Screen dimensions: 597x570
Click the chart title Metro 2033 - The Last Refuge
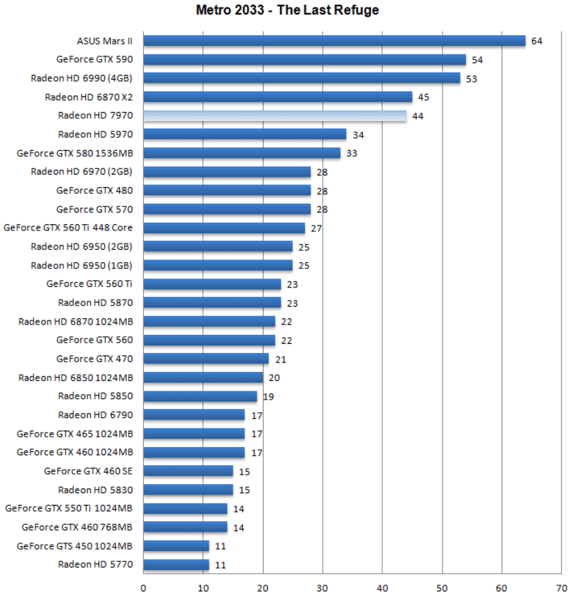point(287,10)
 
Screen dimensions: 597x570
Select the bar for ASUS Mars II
point(334,41)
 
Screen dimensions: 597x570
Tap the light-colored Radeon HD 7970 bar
point(275,116)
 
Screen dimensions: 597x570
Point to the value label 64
point(536,41)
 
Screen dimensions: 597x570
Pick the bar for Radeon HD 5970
point(244,134)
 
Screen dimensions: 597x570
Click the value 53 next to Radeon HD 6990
point(471,78)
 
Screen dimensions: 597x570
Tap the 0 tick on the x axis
point(143,587)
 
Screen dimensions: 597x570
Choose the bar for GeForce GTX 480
point(226,191)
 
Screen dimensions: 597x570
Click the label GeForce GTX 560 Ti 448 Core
point(68,228)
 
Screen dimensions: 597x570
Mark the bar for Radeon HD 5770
point(176,565)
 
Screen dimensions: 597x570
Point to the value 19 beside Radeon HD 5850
point(268,396)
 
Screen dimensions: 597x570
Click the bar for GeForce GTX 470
point(206,358)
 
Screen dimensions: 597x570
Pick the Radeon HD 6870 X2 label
point(89,97)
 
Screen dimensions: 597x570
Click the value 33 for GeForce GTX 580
point(351,153)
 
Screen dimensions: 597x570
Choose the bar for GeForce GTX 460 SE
point(188,471)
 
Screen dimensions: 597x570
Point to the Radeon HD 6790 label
point(96,415)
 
